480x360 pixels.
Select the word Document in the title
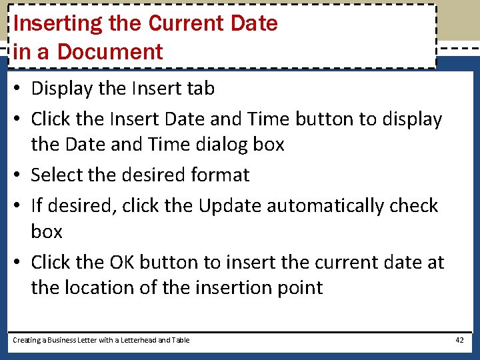click(x=111, y=52)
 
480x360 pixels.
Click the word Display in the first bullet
click(x=64, y=88)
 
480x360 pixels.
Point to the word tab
click(x=201, y=88)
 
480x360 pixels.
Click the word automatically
click(x=319, y=205)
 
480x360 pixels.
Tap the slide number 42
click(x=459, y=340)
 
